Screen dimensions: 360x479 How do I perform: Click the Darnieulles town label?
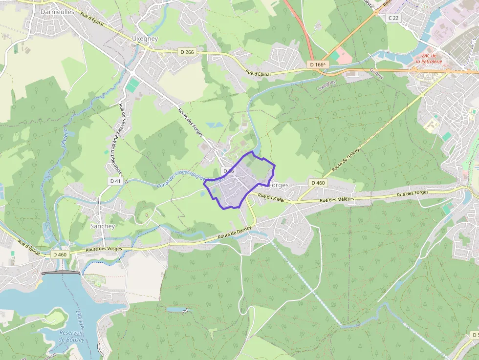[57, 11]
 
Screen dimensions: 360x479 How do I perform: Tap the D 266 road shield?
[186, 52]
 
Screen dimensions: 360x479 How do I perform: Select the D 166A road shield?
[318, 64]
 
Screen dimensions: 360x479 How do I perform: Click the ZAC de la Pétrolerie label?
[429, 59]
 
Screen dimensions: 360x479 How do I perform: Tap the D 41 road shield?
[115, 181]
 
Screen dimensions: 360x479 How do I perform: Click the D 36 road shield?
[229, 171]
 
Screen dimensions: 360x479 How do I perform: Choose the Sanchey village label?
[103, 226]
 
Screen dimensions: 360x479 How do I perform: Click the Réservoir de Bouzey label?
[71, 336]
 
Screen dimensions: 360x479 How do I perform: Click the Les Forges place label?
[273, 185]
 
